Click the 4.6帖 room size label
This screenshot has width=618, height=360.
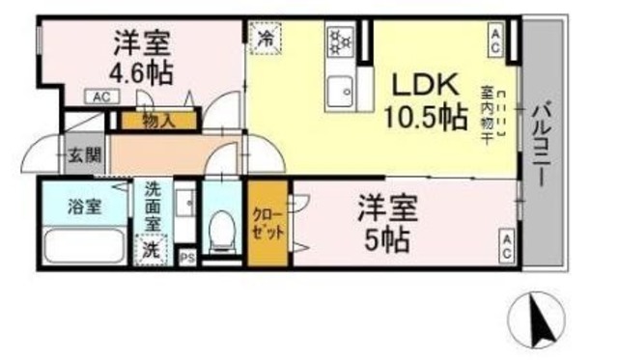coord(140,72)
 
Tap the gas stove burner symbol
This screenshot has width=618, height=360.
coord(340,42)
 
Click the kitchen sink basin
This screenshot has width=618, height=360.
coord(341,93)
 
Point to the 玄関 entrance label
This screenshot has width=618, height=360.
coord(80,154)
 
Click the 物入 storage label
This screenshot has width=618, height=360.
coord(157,121)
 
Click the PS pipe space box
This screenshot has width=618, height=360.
coord(187,257)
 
